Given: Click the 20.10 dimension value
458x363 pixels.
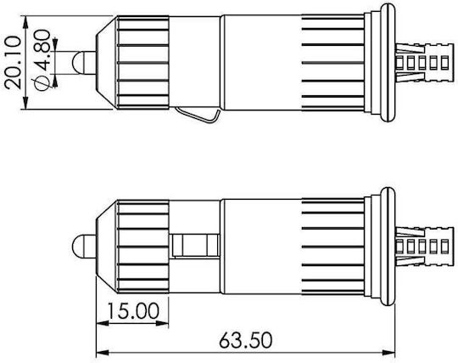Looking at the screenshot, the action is [x=13, y=62].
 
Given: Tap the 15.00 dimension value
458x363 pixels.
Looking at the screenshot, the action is [x=133, y=311].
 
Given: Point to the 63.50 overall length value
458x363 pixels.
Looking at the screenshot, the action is [x=245, y=340].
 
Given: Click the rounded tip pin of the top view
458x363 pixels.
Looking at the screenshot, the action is [x=83, y=63].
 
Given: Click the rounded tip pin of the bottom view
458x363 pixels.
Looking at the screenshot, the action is [x=83, y=247].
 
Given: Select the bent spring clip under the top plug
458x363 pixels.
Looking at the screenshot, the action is [x=198, y=115].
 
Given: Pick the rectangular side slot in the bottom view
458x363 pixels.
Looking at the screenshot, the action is [x=195, y=246].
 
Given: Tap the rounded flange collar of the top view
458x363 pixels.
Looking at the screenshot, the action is [x=388, y=62].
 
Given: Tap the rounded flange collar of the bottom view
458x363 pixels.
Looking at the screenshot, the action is [x=388, y=247].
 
